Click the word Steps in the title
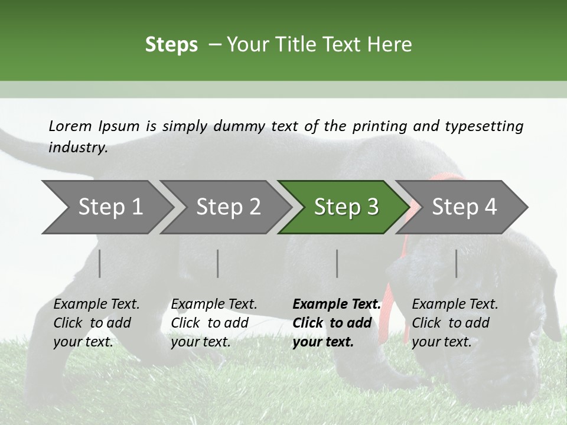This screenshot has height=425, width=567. click(171, 44)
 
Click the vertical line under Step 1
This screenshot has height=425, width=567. click(100, 263)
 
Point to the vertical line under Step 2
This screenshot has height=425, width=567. click(218, 263)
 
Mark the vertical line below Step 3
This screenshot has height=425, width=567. click(337, 263)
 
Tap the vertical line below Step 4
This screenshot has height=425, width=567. click(457, 263)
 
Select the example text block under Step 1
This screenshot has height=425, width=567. click(96, 322)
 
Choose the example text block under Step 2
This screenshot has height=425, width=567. click(214, 322)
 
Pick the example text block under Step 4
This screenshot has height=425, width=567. click(455, 322)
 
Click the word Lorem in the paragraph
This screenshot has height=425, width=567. click(70, 126)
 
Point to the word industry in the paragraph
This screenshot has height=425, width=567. click(77, 147)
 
